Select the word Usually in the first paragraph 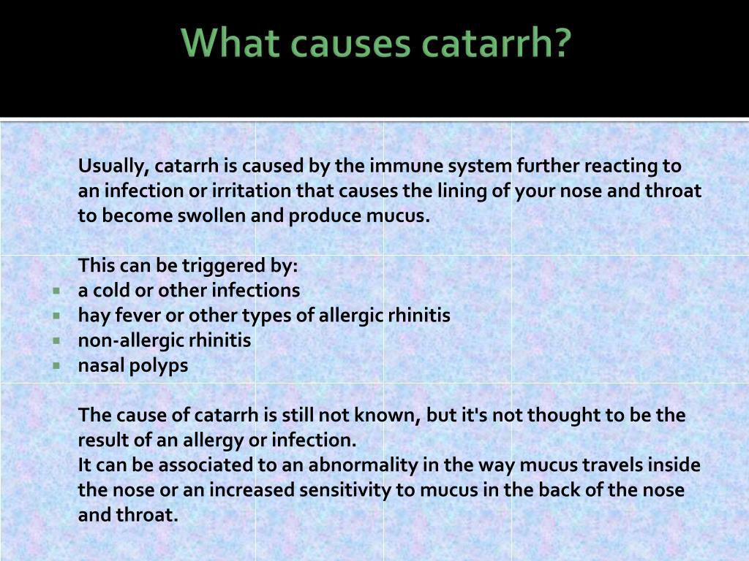113,167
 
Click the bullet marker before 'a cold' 57,291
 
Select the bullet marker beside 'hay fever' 57,316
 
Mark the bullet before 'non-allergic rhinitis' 57,340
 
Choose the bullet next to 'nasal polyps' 57,366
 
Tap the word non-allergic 130,341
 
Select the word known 387,416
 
